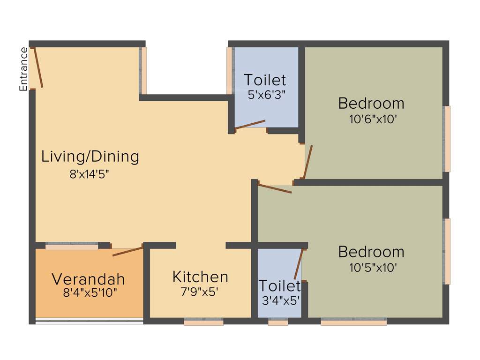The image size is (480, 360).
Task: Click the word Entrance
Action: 23,69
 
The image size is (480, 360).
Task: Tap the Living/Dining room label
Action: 90,156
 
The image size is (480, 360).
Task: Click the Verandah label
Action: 88,279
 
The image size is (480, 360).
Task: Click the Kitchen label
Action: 200,277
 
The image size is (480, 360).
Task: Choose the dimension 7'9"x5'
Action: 200,292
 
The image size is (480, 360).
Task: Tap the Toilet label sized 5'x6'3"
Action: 264,80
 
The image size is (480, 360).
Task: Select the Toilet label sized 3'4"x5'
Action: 279,285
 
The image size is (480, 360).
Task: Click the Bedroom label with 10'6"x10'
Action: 371,103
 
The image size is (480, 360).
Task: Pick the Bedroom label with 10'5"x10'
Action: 371,252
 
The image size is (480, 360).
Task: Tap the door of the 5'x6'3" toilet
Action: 250,124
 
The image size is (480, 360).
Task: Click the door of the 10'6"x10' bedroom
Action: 307,162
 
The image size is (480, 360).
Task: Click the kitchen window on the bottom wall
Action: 203,322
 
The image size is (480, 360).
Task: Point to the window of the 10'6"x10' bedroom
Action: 447,139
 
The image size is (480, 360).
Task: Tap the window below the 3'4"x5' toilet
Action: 278,322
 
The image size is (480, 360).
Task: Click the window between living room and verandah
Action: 72,246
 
